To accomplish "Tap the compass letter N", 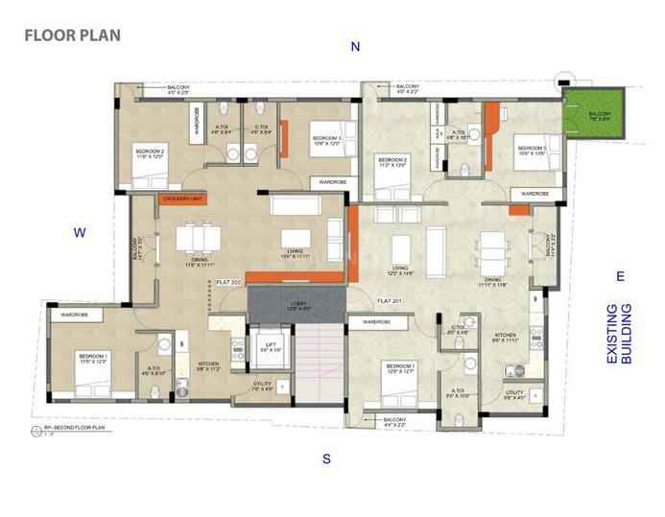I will [355, 47].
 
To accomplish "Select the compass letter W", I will [82, 232].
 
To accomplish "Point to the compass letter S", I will [326, 458].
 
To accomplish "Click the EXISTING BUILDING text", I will [619, 335].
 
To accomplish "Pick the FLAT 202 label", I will [228, 283].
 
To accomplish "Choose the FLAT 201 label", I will [389, 301].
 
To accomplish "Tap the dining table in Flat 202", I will [200, 236].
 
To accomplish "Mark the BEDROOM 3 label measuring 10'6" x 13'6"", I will [531, 151].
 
